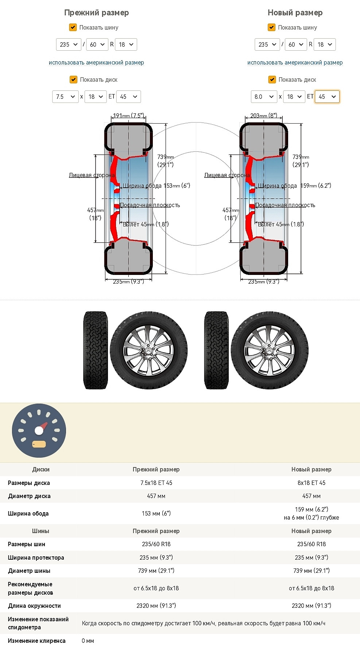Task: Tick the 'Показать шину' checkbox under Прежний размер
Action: [73, 27]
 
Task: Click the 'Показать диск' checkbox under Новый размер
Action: [272, 79]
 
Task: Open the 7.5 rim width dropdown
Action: [65, 97]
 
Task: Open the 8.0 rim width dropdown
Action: [264, 97]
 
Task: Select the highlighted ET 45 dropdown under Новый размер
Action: [327, 97]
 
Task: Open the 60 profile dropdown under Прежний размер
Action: [97, 44]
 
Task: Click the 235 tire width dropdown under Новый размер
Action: [267, 44]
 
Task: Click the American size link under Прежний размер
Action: [96, 63]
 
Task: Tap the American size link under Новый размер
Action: [295, 63]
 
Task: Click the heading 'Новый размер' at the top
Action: [295, 13]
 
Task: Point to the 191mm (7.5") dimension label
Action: [129, 116]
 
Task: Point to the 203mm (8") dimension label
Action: [264, 116]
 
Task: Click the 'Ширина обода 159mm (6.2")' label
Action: [295, 186]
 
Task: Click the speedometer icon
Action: [39, 431]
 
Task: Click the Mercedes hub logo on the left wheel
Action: [149, 351]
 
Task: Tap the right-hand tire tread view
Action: [217, 350]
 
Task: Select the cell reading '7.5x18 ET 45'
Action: [156, 483]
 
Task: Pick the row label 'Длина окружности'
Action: [34, 606]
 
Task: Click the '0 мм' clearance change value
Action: [88, 641]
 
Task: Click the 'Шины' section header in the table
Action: [40, 531]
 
